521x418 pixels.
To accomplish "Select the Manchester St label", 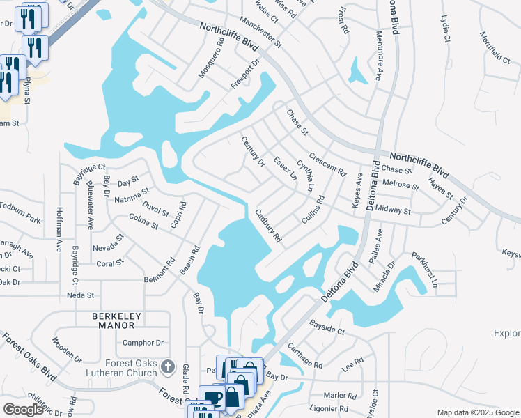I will click(258, 33).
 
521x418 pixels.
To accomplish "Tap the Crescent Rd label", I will click(327, 164).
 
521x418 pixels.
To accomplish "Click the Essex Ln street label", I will click(285, 169).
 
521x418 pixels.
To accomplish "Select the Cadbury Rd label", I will click(268, 226).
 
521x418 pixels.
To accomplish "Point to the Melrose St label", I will click(401, 186).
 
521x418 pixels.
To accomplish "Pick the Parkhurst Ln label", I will click(424, 270).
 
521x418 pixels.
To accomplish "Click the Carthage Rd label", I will click(304, 355).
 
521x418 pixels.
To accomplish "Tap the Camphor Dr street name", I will click(143, 343).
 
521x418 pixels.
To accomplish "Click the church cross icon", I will click(167, 366).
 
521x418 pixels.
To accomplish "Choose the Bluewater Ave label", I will click(91, 205).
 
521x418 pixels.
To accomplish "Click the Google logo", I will click(24, 410).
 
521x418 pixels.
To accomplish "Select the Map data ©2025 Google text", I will click(477, 412).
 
